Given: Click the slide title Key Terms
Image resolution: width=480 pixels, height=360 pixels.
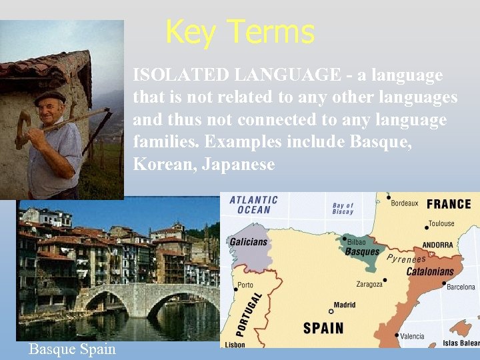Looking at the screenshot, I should point(239,31).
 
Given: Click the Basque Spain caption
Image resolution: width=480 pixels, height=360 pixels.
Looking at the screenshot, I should point(72,349).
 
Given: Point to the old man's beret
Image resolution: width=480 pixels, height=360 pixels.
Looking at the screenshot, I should point(50,97).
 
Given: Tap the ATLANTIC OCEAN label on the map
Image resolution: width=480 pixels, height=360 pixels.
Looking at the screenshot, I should point(253,205).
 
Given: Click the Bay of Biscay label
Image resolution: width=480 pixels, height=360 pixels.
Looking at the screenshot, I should point(343,209).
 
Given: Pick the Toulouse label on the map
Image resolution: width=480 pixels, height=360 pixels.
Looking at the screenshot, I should point(441,223).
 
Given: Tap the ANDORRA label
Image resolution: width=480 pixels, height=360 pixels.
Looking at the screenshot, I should point(437,245).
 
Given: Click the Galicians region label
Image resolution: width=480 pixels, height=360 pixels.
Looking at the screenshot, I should point(248,242).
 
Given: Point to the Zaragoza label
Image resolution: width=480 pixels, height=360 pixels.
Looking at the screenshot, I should point(369,283).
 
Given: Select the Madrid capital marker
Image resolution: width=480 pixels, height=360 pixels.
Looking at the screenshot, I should point(331,311).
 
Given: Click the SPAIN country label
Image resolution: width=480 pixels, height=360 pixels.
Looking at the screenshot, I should point(323,328).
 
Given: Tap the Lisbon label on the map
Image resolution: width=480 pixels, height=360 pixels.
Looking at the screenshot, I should point(235,345).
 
